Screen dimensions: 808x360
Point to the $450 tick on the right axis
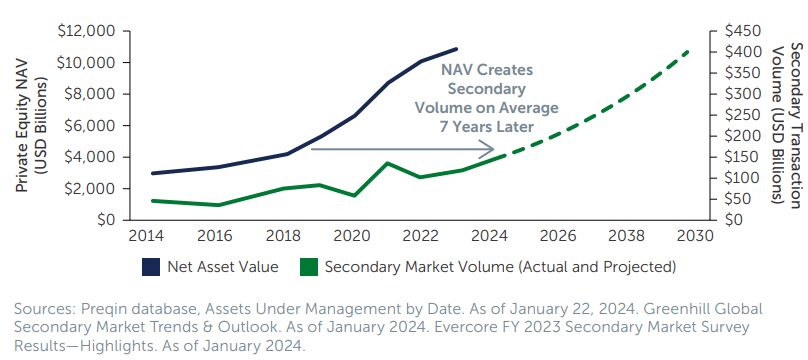point(744,31)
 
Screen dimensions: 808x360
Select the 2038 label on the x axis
point(627,236)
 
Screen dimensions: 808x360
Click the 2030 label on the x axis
point(696,236)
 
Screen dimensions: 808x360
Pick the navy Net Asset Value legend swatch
point(151,267)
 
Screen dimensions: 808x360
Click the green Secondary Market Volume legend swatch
point(309,267)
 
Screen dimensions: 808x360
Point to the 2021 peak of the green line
point(388,163)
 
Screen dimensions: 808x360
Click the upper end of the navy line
point(457,49)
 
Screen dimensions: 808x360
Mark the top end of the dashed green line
point(688,50)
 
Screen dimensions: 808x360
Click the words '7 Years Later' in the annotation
point(486,127)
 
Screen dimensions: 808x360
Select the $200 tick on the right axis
point(744,136)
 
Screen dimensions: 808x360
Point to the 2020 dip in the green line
point(354,196)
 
